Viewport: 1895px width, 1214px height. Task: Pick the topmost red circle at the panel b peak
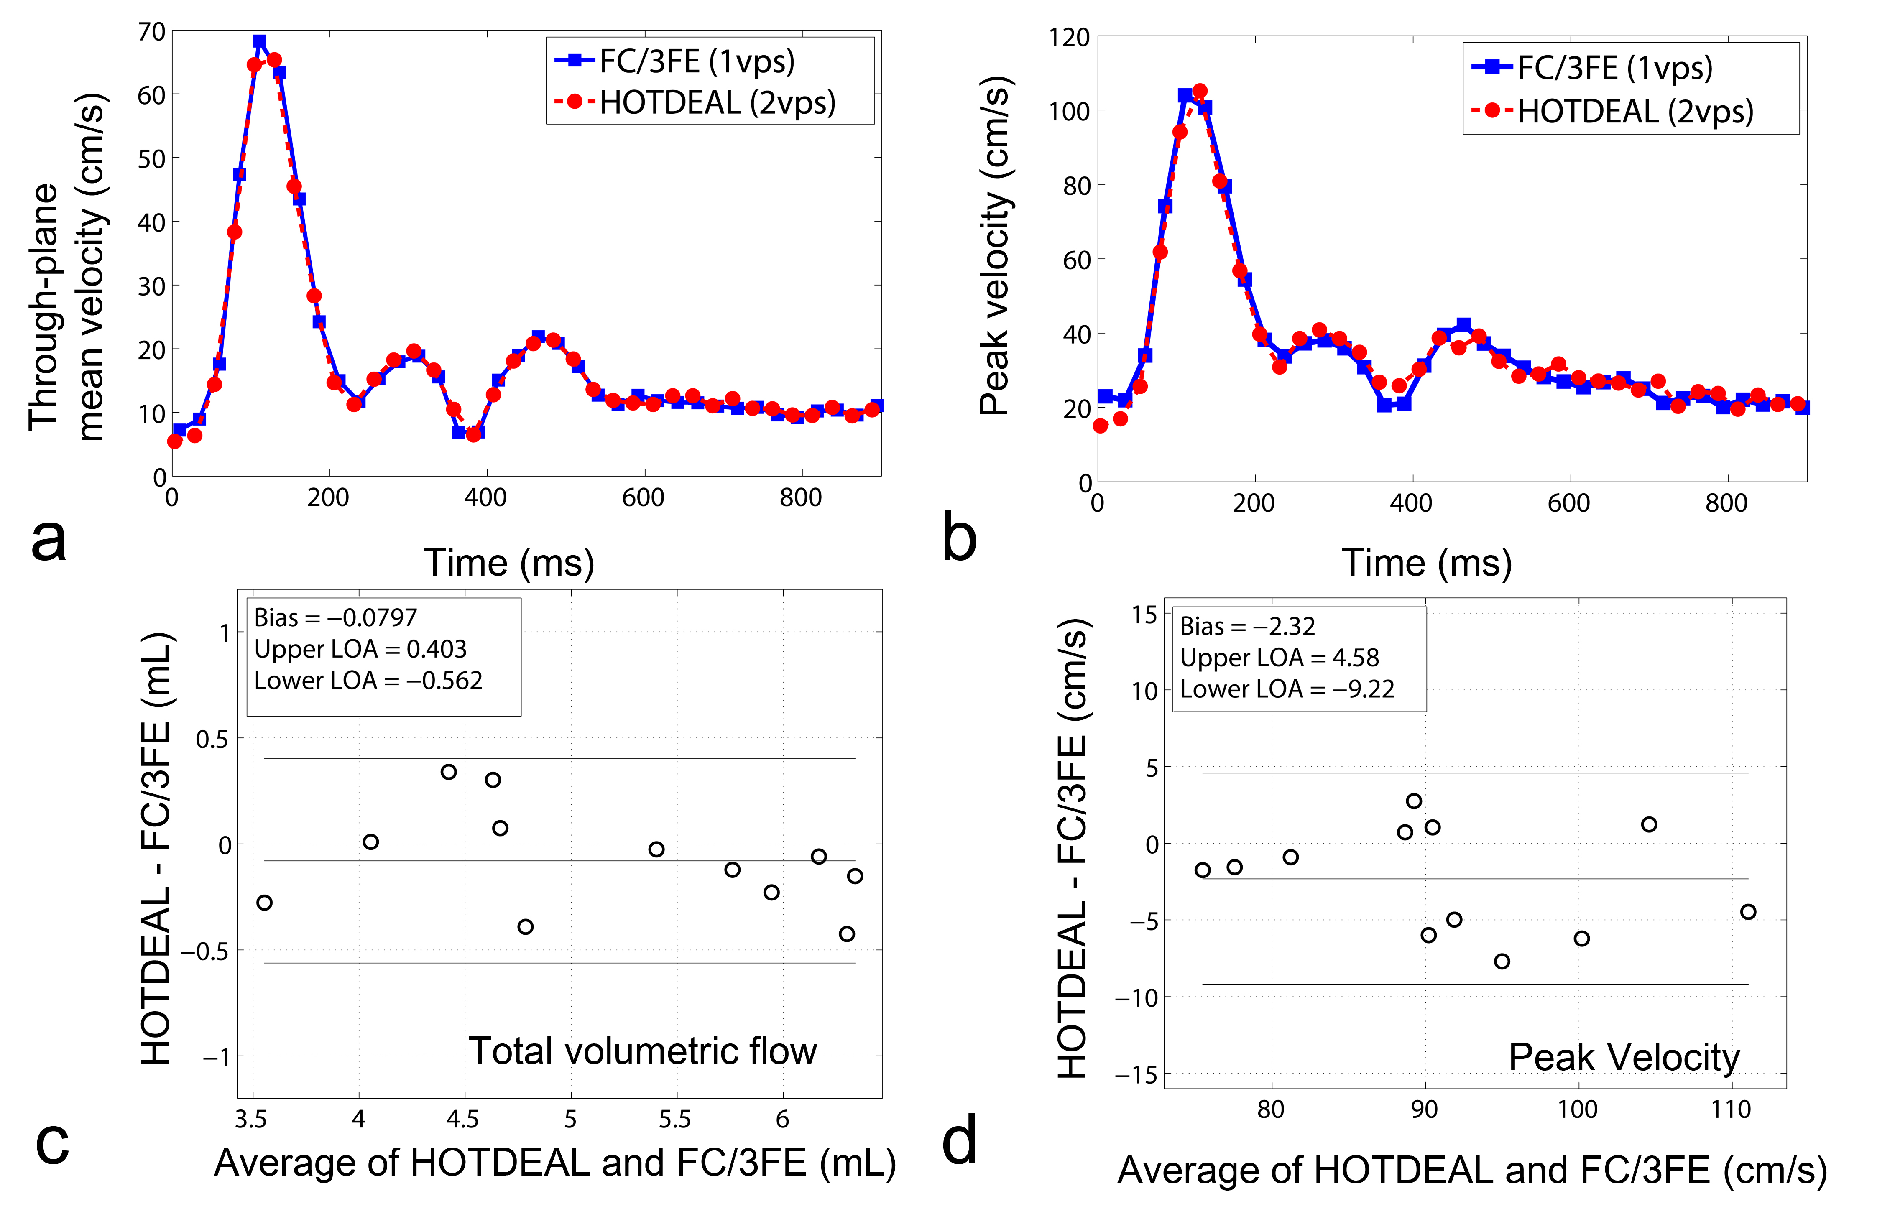click(1200, 92)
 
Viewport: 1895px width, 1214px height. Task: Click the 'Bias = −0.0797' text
click(335, 617)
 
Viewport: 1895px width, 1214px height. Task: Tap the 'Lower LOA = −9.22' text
click(1287, 689)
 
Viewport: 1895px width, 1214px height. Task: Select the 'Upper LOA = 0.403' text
click(360, 649)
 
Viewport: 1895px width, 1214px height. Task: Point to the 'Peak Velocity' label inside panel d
click(1624, 1057)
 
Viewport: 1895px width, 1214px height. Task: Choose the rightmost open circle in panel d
click(1747, 912)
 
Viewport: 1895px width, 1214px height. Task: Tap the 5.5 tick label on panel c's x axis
click(675, 1119)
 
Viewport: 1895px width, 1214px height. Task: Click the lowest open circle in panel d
click(1502, 961)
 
